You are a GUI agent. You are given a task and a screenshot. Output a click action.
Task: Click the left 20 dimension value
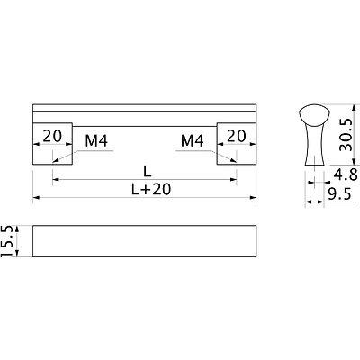(x=52, y=136)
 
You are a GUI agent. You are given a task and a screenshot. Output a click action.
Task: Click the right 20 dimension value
(x=237, y=136)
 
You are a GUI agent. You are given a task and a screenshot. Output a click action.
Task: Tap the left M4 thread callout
(x=96, y=140)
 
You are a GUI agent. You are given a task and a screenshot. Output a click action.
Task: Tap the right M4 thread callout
(x=193, y=140)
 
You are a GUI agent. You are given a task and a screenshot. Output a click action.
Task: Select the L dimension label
(x=147, y=172)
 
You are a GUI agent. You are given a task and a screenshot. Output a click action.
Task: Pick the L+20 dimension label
(x=151, y=189)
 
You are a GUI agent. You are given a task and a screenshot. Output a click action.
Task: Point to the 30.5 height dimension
(x=345, y=134)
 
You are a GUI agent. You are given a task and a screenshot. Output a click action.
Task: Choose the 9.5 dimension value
(x=339, y=195)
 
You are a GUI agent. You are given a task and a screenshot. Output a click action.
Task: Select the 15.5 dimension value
(x=7, y=240)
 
